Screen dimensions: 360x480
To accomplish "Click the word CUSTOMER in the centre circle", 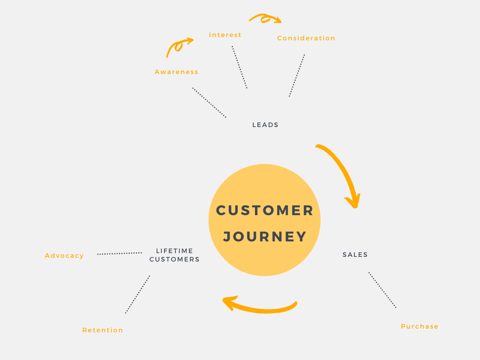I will click(x=264, y=210).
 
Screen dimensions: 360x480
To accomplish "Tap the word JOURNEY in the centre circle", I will click(x=265, y=237).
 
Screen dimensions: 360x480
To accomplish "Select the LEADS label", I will click(x=265, y=125).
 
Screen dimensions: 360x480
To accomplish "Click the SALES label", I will click(x=355, y=255).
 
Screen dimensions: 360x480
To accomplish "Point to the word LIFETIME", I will click(x=174, y=251).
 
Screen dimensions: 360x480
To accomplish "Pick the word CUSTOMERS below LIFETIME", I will click(x=174, y=259).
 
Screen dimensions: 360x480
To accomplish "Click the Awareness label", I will click(x=176, y=72).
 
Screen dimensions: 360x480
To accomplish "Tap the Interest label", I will click(x=225, y=35).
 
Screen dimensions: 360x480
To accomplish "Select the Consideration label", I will click(x=306, y=38).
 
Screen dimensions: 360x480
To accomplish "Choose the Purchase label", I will click(x=420, y=326).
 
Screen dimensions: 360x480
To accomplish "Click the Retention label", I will click(x=103, y=330).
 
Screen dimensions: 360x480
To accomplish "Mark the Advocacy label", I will click(x=64, y=255).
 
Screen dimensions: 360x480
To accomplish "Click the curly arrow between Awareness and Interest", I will click(x=178, y=46).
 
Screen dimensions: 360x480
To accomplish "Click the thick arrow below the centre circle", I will click(x=260, y=308).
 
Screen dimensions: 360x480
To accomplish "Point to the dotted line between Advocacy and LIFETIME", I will click(x=120, y=254).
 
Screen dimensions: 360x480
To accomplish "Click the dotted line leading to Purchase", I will click(x=382, y=290).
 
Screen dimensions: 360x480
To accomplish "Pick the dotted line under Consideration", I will click(x=297, y=75).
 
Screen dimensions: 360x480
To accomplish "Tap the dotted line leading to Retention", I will click(x=137, y=294).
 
